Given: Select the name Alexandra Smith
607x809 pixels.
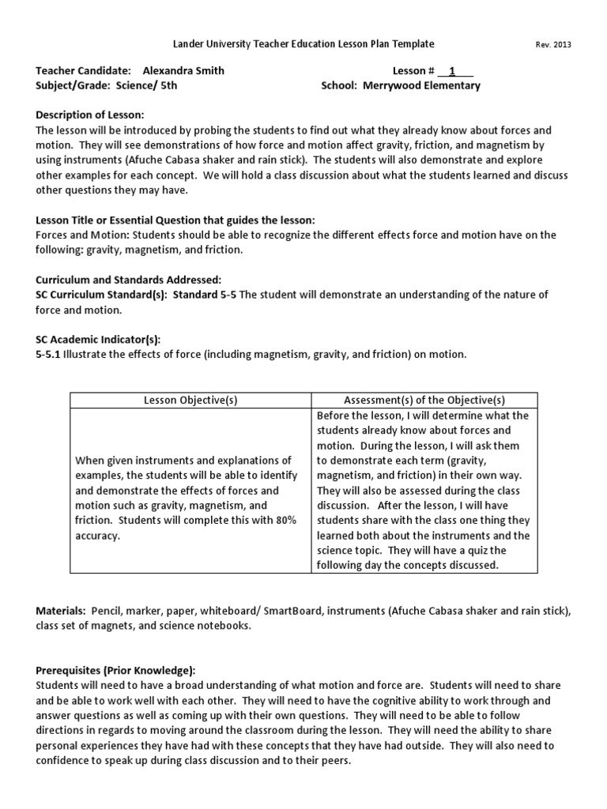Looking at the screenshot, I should coord(183,70).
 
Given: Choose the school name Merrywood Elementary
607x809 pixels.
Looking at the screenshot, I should coord(421,85).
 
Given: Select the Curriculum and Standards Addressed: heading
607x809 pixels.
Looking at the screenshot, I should coord(129,280).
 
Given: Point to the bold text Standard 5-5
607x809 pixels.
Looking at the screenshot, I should coord(205,295).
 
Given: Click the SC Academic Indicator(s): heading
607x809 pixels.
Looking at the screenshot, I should coord(98,339).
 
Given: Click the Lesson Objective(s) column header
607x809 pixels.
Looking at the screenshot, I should coord(190,401).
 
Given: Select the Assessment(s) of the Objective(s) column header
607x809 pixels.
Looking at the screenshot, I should coord(424,401).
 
